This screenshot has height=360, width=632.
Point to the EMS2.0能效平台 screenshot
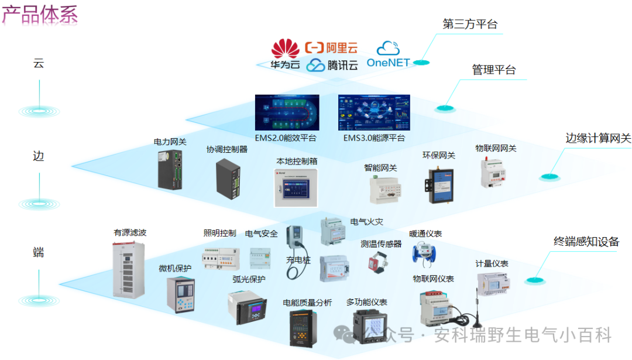pos(287,114)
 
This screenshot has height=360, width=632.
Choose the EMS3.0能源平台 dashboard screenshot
pos(373,114)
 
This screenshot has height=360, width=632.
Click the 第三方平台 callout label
pos(470,24)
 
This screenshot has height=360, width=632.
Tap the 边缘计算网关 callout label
pos(597,139)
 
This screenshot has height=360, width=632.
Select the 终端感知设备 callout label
pos(586,241)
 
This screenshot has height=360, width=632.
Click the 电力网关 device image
pos(170,168)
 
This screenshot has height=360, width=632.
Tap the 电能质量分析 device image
pos(304,328)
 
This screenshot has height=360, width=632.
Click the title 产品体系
pos(40,15)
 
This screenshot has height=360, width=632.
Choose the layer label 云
pos(39,63)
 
